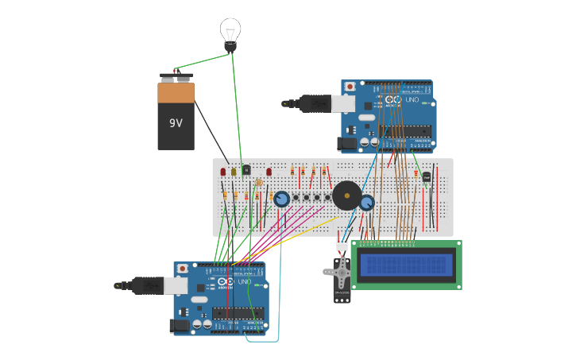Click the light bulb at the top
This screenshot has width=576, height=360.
coord(230,33)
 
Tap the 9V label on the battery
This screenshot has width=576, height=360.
coord(176,123)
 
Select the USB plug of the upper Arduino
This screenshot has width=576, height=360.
coord(316,103)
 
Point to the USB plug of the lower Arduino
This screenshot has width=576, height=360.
coord(148,285)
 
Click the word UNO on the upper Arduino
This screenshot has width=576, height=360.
coord(412,100)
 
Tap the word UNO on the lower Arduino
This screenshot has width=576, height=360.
coord(244,282)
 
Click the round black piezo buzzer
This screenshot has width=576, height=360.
coord(346,195)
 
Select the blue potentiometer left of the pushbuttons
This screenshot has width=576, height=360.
coord(281,199)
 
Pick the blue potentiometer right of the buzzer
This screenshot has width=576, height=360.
coord(366,203)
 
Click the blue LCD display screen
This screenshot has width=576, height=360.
coord(406,265)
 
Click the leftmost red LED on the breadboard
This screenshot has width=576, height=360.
coord(223,171)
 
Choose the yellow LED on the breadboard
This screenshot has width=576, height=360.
coord(234,171)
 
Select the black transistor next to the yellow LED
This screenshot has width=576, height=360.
coord(246,169)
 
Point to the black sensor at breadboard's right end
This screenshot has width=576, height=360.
coord(427,176)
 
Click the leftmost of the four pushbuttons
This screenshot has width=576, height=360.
coord(296,197)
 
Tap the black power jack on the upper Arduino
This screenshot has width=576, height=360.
coord(346,144)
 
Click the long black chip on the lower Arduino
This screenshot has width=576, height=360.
coord(237,311)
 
